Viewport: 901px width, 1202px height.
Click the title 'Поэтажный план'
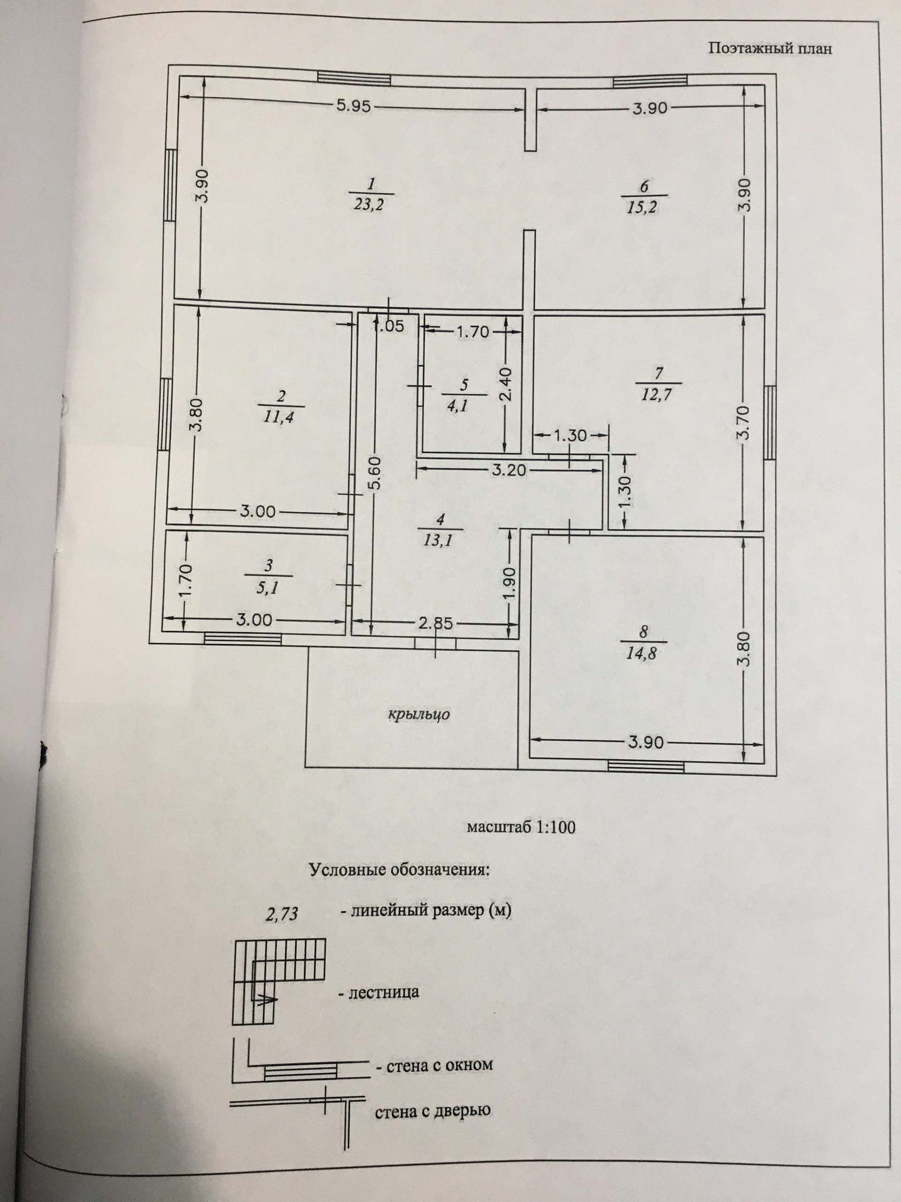770,49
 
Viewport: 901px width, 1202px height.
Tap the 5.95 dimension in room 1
353,107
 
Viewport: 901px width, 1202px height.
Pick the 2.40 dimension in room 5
505,385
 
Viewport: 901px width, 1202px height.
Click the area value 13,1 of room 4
440,541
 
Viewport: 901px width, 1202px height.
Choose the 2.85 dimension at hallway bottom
436,623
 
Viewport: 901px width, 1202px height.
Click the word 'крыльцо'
419,714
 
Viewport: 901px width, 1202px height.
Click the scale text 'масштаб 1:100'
521,843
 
